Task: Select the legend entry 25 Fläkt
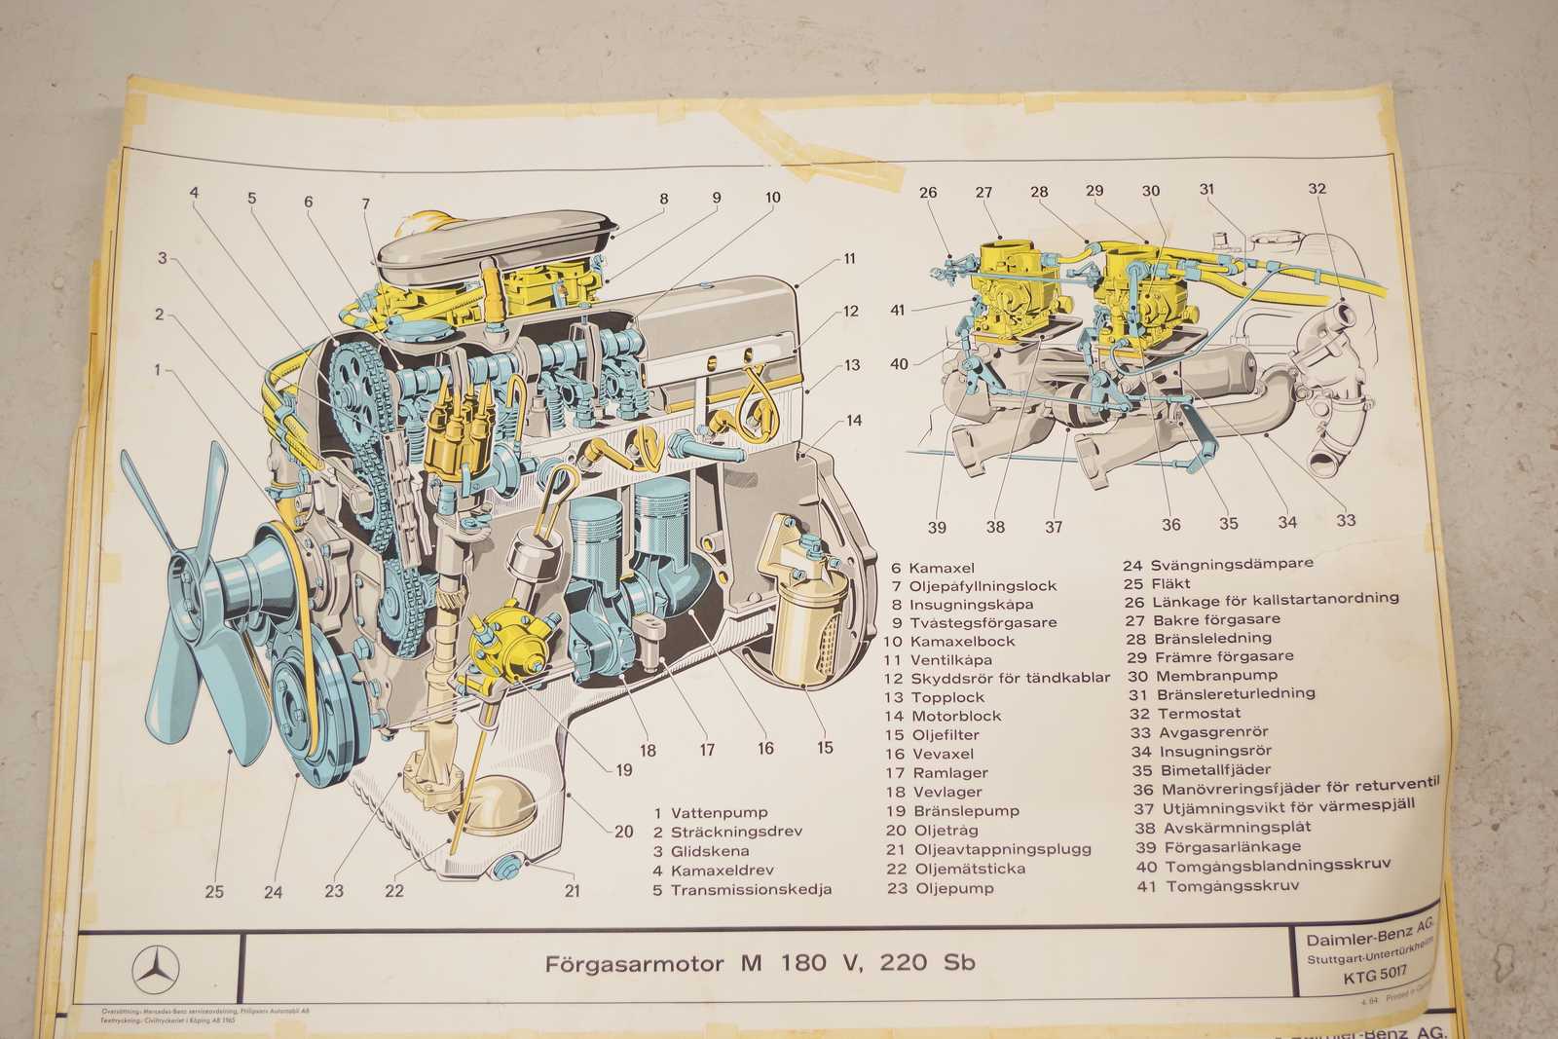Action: (1157, 583)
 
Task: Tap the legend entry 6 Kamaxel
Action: (933, 567)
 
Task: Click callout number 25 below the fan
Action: (214, 891)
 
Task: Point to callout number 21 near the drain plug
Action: (572, 890)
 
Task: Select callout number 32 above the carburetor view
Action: (1317, 189)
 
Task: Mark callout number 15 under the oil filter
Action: (825, 748)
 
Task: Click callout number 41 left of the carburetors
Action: (897, 311)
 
